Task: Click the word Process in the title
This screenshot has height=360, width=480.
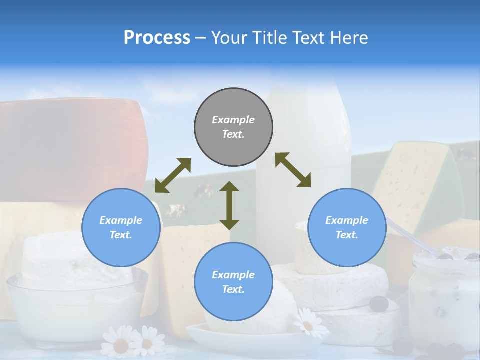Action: (x=157, y=38)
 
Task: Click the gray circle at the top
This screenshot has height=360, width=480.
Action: (x=233, y=127)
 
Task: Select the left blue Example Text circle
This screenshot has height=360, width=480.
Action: (x=121, y=227)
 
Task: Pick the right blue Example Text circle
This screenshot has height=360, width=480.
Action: (x=347, y=227)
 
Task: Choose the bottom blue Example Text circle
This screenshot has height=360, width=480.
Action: (x=233, y=281)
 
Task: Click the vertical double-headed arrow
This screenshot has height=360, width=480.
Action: (x=229, y=205)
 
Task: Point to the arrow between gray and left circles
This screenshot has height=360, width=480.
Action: (x=173, y=175)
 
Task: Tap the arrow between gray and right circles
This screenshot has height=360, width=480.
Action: (x=293, y=170)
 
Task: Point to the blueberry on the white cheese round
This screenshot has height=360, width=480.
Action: (x=379, y=303)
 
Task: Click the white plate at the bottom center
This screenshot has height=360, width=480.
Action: (x=250, y=340)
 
